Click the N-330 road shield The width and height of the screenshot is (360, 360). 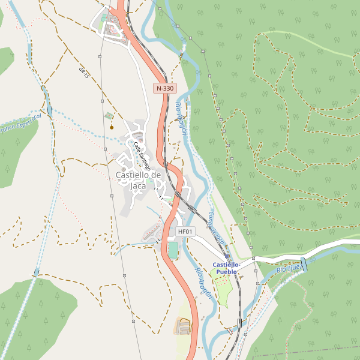coord(164,88)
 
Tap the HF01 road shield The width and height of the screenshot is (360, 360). coord(185,232)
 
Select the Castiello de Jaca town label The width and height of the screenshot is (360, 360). coord(138,180)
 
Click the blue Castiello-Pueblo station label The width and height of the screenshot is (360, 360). coord(227,268)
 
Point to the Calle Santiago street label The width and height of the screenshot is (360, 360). coord(142,155)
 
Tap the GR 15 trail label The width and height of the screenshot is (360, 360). coord(84,73)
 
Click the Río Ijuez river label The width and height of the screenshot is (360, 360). coord(290,268)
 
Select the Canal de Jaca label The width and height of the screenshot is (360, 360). coord(217,227)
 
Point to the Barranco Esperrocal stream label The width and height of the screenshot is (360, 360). coord(21,124)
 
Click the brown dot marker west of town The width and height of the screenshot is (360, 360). coord(112,127)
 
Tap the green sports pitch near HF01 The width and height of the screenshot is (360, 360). coord(173,250)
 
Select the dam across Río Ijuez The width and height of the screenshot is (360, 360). coord(304,264)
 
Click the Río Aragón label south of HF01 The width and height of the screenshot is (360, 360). coord(203,279)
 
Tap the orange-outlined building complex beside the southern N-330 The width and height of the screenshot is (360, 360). coord(182,326)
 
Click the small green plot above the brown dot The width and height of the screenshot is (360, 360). coord(108,115)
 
